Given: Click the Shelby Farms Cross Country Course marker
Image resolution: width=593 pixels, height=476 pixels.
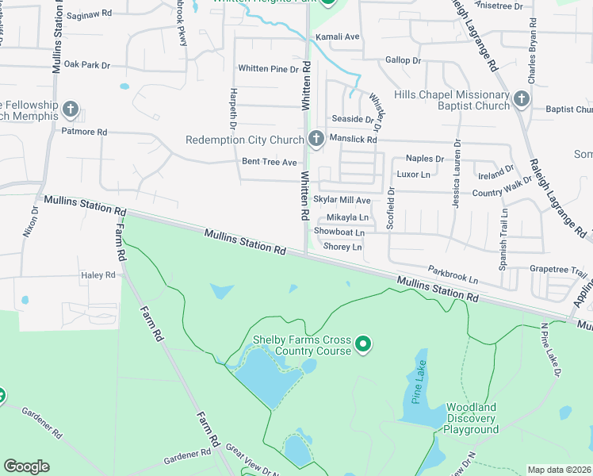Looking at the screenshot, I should click(363, 344).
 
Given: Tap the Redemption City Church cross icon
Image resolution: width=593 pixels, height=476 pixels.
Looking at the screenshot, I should click(316, 140).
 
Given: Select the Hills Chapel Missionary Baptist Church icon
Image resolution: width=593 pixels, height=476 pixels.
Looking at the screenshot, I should click(521, 99).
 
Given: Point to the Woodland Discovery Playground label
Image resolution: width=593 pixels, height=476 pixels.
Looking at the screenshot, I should click(470, 418).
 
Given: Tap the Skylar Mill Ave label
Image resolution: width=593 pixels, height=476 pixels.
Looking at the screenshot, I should click(342, 201).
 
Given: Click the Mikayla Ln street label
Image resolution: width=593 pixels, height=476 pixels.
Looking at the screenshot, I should click(348, 217).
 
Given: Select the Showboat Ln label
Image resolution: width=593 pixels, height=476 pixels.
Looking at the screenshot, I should click(339, 232).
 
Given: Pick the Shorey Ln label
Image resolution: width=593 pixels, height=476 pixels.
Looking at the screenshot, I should click(342, 247).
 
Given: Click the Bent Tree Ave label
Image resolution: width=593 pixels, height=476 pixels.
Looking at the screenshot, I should click(269, 162).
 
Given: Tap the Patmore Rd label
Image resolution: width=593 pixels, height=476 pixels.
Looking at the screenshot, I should click(84, 132).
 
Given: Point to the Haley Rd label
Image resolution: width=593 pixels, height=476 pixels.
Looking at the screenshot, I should click(98, 275).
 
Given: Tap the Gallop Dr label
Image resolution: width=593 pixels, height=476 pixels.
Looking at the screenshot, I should click(403, 60).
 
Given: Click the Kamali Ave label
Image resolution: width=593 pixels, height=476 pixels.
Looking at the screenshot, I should click(338, 36).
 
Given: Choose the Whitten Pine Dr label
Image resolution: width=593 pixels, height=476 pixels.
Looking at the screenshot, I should click(268, 69).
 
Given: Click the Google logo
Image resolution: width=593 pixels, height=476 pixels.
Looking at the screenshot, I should click(26, 466).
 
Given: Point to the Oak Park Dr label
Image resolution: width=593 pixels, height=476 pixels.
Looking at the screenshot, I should click(87, 64).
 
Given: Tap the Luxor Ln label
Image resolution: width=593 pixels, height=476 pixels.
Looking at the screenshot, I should click(413, 174).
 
